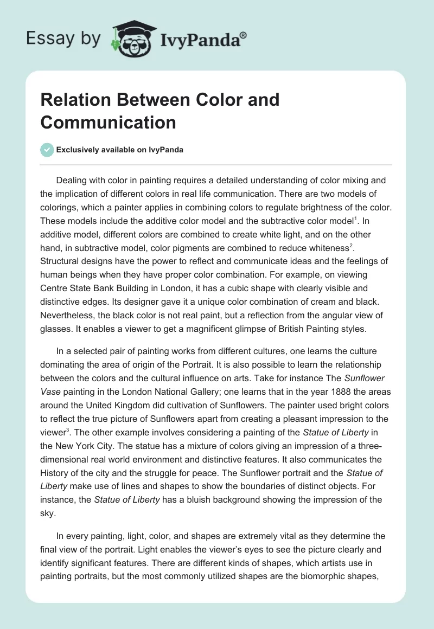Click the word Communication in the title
point(108,122)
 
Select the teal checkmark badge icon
point(47,150)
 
